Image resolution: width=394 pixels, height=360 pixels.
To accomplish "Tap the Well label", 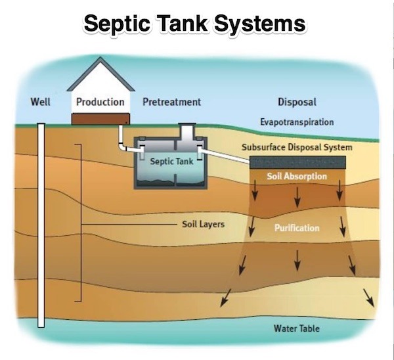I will (x=41, y=102).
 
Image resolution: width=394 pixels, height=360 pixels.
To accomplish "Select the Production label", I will (x=100, y=102).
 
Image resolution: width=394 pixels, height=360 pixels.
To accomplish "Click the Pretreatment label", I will (x=172, y=102).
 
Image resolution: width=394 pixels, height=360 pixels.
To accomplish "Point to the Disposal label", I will (x=297, y=102).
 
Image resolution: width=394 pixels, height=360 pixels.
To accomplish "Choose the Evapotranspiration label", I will (x=297, y=122).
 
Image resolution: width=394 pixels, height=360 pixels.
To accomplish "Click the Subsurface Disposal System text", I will (x=297, y=147).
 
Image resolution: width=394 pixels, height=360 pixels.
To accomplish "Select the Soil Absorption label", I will (x=297, y=177).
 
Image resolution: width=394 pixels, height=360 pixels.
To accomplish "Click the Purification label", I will (x=297, y=228).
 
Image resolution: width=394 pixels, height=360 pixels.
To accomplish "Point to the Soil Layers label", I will (x=203, y=225).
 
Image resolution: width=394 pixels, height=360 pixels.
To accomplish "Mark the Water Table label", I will (x=297, y=328).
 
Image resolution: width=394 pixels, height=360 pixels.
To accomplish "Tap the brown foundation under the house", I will (x=100, y=118).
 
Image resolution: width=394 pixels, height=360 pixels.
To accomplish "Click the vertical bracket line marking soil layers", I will (x=81, y=223).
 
